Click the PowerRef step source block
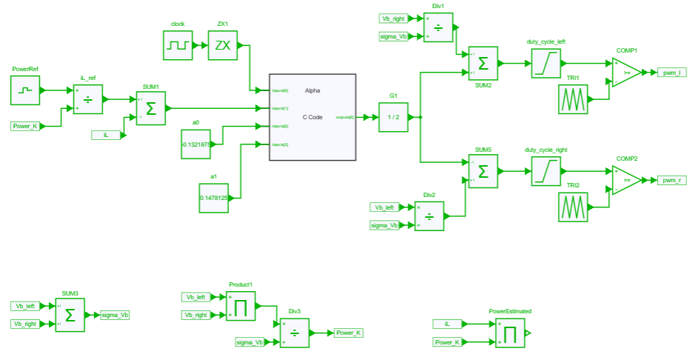[x=25, y=90]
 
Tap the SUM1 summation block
[x=150, y=109]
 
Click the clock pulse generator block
[x=178, y=45]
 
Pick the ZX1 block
[x=222, y=45]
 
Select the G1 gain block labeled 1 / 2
[x=393, y=117]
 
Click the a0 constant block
[x=196, y=144]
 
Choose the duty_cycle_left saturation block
[x=546, y=64]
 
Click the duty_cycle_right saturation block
[x=546, y=171]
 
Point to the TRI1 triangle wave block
[x=573, y=99]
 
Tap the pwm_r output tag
[x=673, y=180]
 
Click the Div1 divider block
[x=438, y=27]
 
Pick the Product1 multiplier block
[x=241, y=306]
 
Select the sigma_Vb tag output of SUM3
[x=115, y=316]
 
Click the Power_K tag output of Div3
[x=348, y=333]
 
